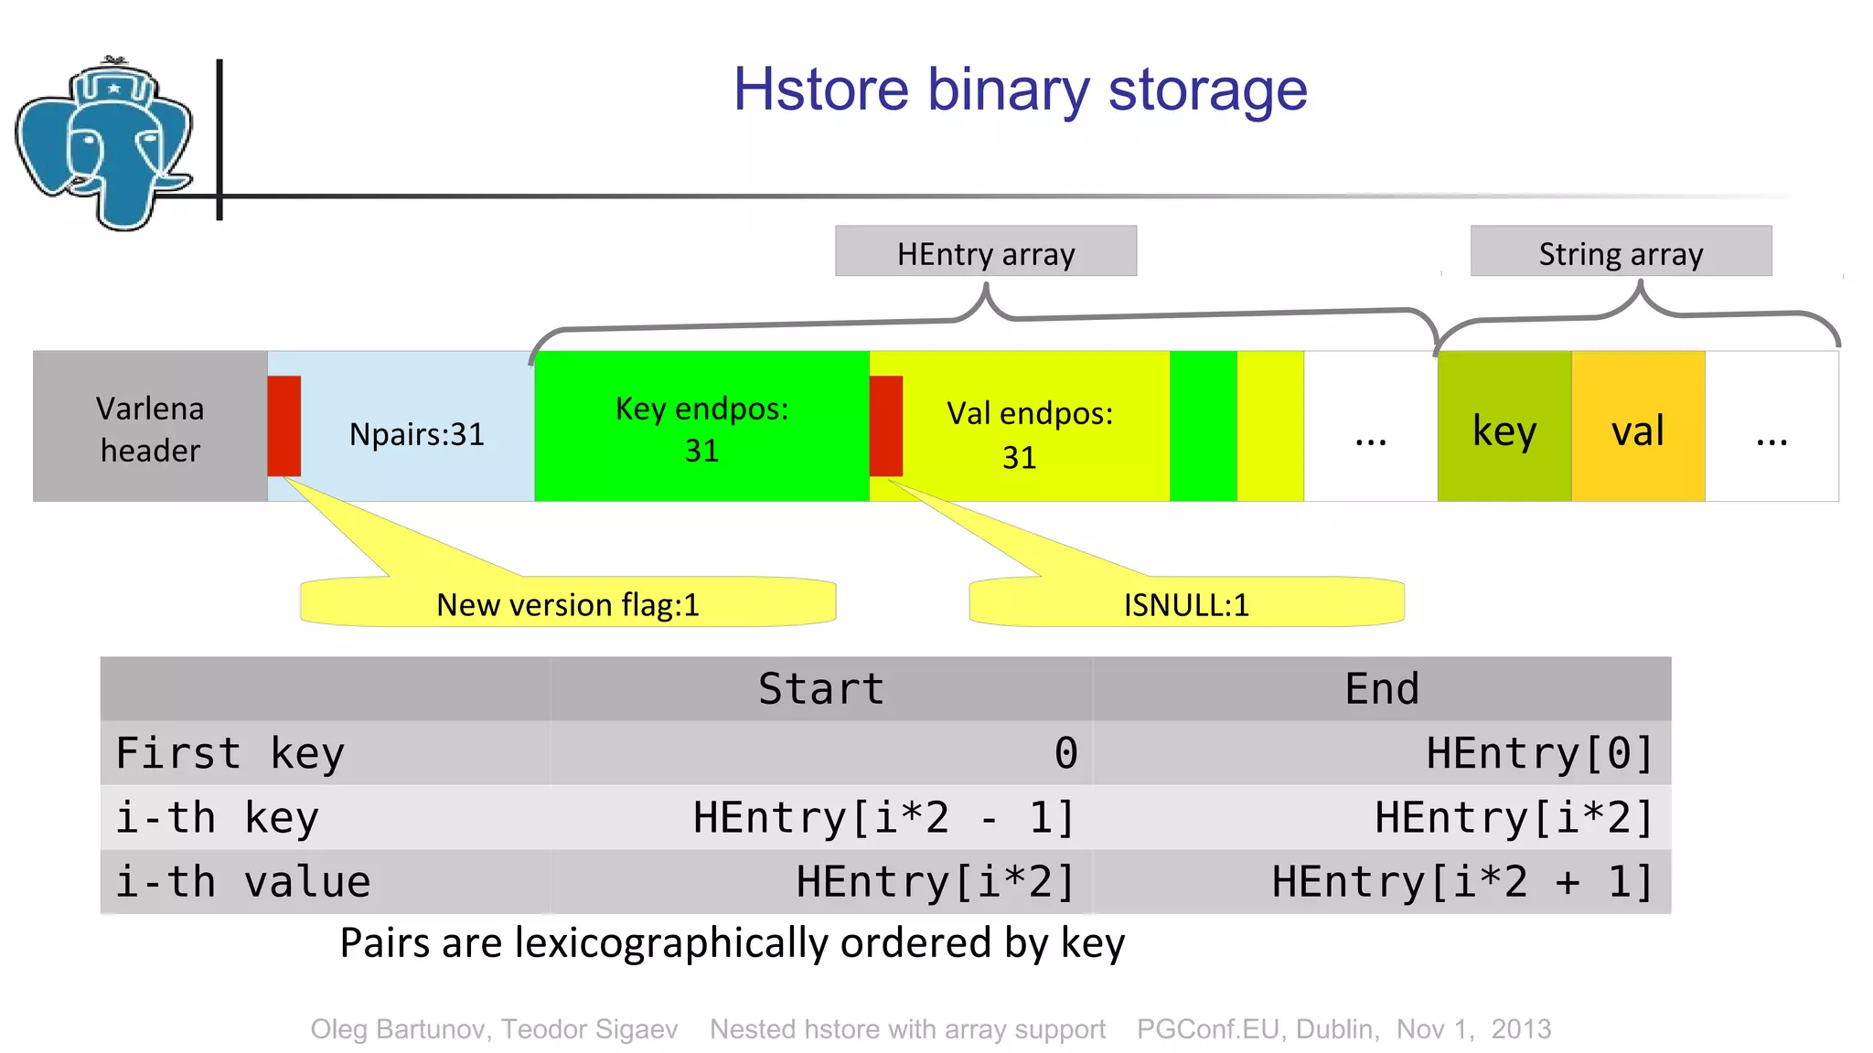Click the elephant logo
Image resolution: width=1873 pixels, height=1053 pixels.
coord(105,144)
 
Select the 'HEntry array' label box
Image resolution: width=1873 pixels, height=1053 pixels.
coord(985,252)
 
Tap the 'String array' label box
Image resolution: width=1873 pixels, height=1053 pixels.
coord(1620,252)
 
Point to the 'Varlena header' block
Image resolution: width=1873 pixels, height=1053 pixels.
coord(150,427)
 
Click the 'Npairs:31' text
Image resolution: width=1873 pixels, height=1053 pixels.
coord(416,434)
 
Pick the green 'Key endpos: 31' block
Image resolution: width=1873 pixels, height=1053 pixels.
coord(701,428)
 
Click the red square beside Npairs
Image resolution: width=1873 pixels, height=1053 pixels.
coord(284,426)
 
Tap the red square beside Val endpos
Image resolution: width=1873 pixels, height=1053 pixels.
coord(885,426)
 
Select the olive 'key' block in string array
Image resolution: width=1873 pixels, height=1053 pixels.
coord(1504,428)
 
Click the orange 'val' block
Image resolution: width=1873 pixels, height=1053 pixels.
coord(1637,428)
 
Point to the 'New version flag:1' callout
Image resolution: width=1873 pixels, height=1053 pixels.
coord(568,603)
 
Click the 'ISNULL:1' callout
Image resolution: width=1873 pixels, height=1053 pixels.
coord(1186,603)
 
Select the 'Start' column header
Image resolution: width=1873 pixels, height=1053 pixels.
coord(820,688)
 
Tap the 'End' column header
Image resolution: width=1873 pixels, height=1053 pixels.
coord(1381,688)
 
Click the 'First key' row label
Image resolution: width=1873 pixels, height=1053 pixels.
coord(230,753)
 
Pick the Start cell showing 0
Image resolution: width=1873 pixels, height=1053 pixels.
coord(1065,753)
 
